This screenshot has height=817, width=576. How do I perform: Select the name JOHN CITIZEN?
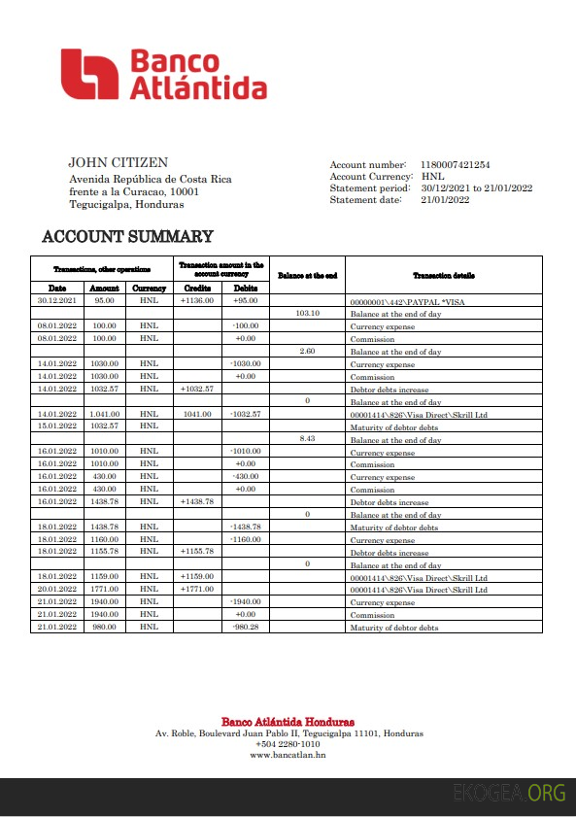coord(118,163)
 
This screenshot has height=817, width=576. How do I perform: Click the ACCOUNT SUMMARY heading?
coord(127,236)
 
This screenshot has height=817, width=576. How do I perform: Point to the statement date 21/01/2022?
coord(445,200)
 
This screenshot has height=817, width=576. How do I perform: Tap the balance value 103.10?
coord(307,314)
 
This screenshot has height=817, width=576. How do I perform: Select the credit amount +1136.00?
coord(196,301)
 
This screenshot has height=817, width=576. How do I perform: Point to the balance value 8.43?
coord(307,439)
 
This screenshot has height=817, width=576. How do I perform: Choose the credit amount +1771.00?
coord(196,590)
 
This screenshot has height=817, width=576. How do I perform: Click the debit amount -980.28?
coord(246,628)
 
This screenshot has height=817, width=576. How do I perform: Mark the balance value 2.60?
coord(307,351)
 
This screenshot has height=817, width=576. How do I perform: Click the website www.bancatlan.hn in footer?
coord(288,755)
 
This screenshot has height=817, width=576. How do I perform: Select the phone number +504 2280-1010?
coord(288,744)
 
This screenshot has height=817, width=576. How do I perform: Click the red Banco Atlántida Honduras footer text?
coord(288,722)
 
